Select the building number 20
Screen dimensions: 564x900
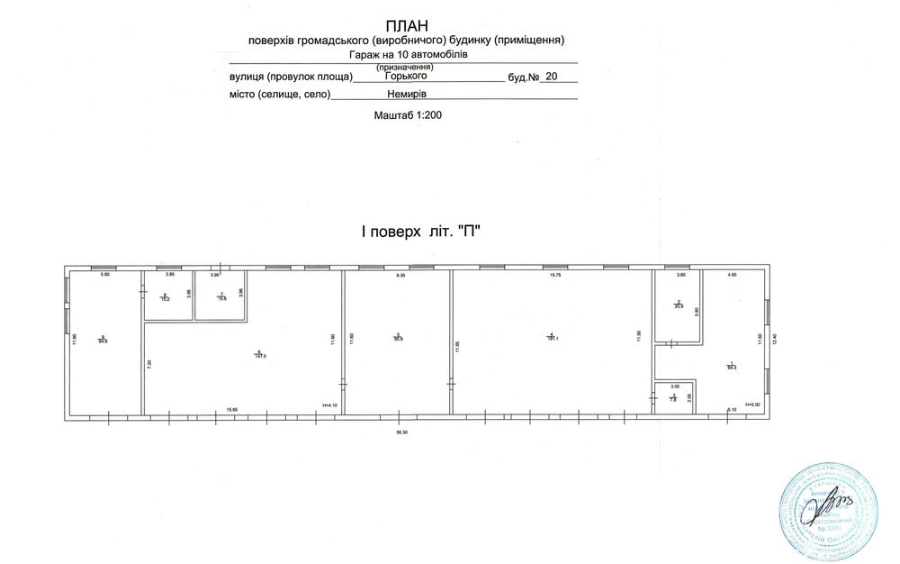click(x=552, y=77)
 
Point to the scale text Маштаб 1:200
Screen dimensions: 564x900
click(x=408, y=115)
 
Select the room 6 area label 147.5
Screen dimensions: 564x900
click(x=259, y=355)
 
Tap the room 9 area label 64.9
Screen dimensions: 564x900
click(x=103, y=341)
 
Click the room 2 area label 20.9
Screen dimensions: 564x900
click(x=679, y=306)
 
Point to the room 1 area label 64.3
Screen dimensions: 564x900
click(x=731, y=367)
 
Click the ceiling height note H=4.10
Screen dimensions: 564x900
click(x=328, y=405)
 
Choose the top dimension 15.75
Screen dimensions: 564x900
click(x=554, y=275)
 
